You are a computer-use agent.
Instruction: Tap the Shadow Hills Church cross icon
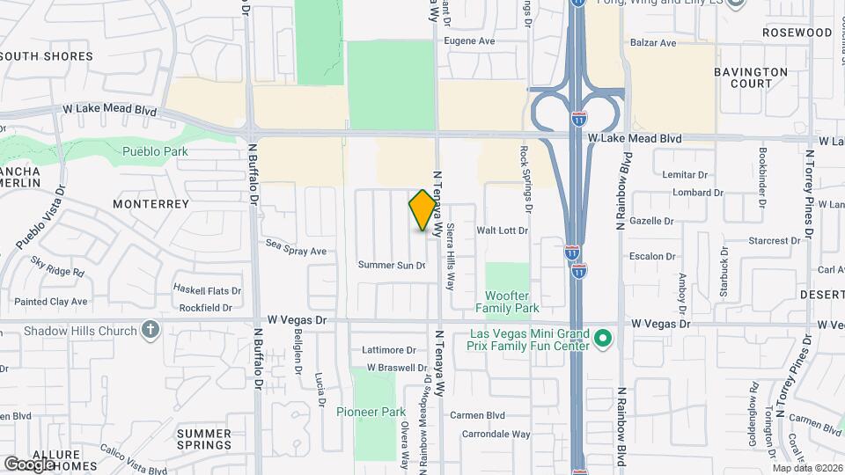click(x=151, y=331)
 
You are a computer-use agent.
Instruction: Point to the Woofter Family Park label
click(x=507, y=302)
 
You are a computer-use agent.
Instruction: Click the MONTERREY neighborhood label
click(x=151, y=203)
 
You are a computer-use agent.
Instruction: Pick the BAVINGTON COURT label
click(x=750, y=77)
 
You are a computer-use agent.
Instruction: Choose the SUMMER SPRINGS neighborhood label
click(x=203, y=440)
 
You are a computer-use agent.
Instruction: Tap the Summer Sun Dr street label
click(x=391, y=265)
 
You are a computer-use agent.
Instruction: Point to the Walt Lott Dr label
click(x=502, y=230)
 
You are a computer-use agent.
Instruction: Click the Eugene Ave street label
click(x=469, y=41)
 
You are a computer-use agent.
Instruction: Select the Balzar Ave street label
click(x=653, y=42)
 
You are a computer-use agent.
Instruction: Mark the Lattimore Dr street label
click(x=388, y=350)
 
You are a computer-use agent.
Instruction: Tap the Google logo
click(x=29, y=464)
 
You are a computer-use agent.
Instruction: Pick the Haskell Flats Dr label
click(x=207, y=289)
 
